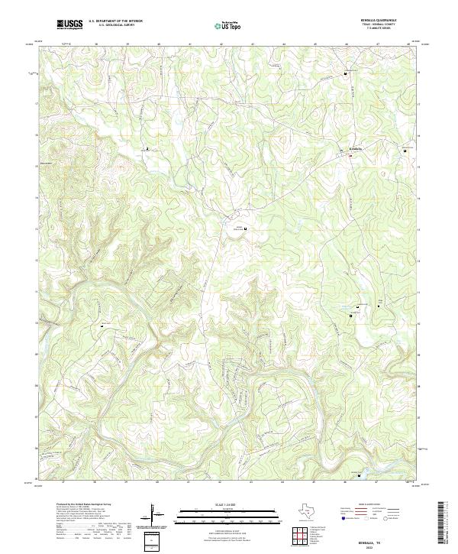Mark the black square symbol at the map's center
245,228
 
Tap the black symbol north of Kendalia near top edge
346,73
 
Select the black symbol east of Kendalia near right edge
405,151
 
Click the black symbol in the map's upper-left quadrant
147,148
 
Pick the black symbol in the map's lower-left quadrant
102,326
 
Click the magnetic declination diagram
154,514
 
